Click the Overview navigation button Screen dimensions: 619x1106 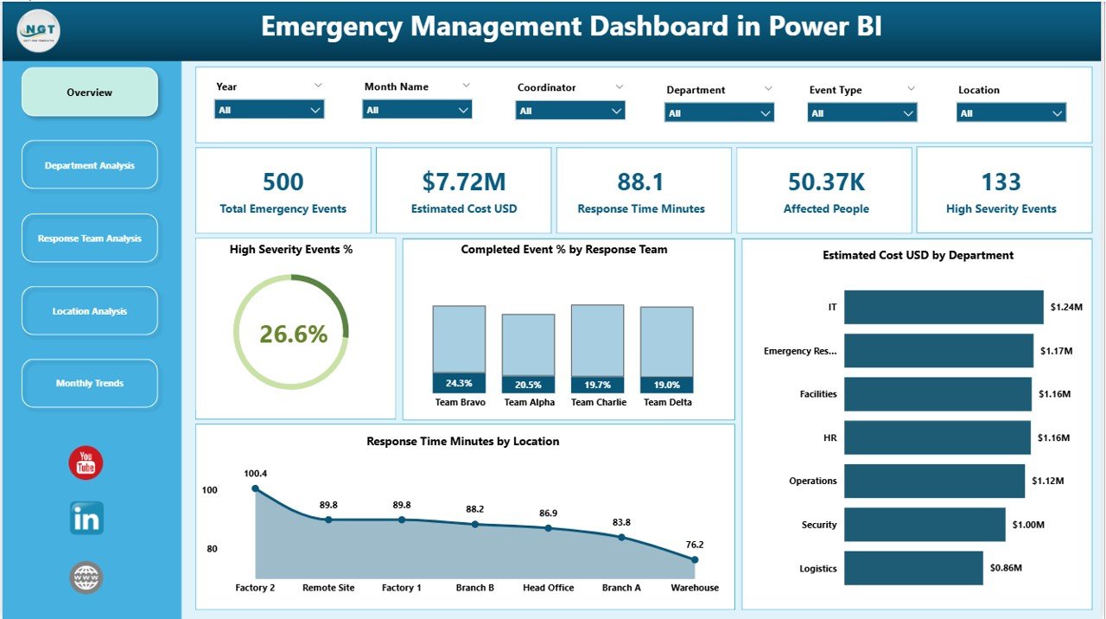coord(90,93)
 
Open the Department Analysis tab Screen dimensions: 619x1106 coord(90,165)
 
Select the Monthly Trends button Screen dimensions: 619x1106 coord(90,383)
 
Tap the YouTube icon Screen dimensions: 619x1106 coord(86,463)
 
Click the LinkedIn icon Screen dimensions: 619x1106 coord(86,519)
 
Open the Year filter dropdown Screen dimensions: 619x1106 coord(269,110)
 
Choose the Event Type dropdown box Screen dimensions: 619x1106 coord(861,113)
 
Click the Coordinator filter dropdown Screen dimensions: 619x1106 coord(570,111)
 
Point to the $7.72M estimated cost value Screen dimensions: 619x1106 coord(464,182)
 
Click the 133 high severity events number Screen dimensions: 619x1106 coord(1001,182)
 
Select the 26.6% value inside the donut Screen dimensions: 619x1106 coord(293,334)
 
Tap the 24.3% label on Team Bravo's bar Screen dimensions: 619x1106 coord(459,384)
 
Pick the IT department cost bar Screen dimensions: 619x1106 coord(944,307)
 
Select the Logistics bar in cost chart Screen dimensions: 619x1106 coord(913,568)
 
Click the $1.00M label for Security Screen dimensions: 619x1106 coord(1029,525)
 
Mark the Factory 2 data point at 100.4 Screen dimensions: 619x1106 coord(255,488)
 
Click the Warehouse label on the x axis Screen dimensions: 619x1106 coord(695,588)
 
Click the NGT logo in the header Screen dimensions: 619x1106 coord(38,30)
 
